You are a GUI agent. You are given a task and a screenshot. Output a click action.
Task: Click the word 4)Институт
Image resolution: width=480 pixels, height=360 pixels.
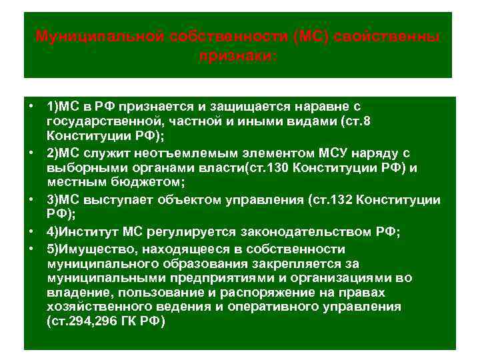pyautogui.click(x=81, y=231)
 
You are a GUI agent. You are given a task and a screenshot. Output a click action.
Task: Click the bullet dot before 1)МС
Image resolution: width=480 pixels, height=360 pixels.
pyautogui.click(x=31, y=106)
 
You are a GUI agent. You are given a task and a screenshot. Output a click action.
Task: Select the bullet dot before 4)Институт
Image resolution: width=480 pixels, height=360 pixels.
pyautogui.click(x=31, y=231)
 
